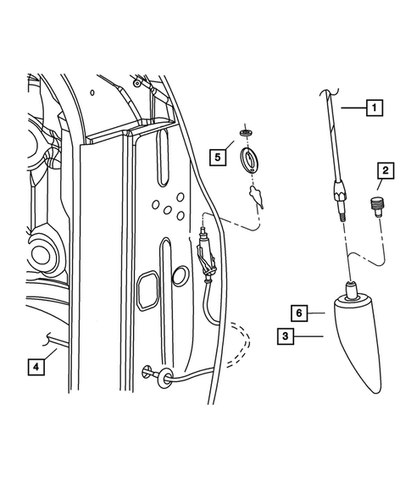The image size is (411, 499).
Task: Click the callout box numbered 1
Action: pyautogui.click(x=373, y=108)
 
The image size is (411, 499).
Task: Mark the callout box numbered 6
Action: pyautogui.click(x=298, y=313)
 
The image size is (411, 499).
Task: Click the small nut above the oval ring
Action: pyautogui.click(x=246, y=133)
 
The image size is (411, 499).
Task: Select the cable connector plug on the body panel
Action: pyautogui.click(x=204, y=246)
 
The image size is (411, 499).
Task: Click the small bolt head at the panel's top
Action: pyautogui.click(x=137, y=85)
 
